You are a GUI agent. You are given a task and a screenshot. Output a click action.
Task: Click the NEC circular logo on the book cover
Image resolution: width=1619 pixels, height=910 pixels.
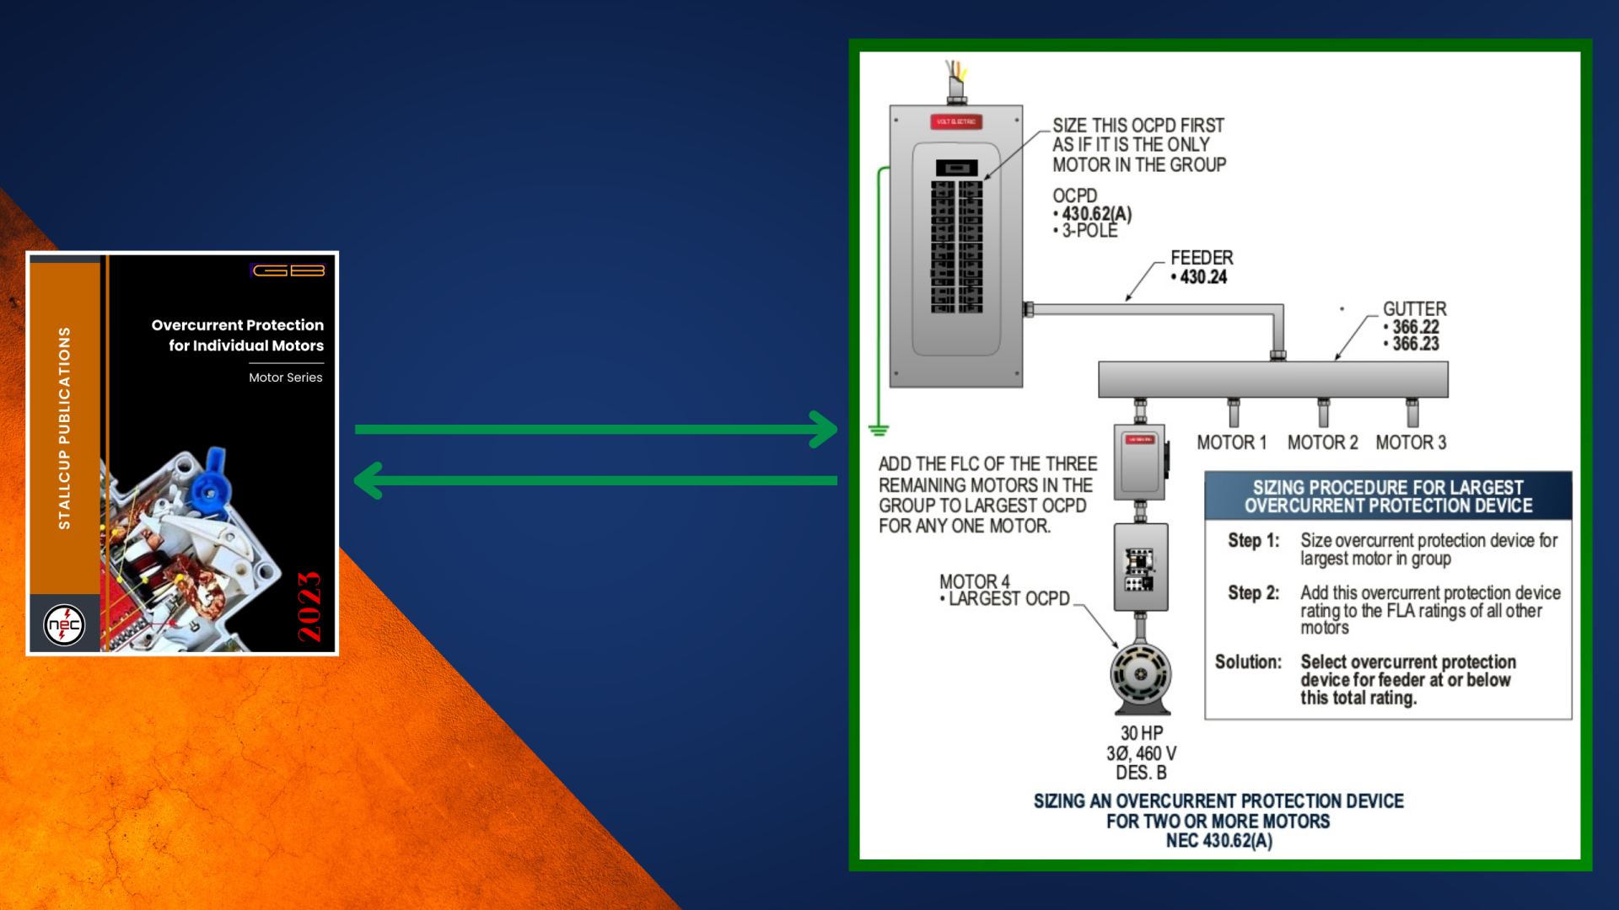click(x=64, y=625)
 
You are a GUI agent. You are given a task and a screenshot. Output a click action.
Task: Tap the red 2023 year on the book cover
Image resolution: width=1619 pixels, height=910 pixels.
click(x=309, y=607)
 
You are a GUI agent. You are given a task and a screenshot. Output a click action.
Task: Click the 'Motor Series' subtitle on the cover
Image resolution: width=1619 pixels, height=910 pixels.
click(x=285, y=377)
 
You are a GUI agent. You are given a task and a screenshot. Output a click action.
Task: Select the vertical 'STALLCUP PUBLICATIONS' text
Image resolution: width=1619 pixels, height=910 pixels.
click(x=64, y=428)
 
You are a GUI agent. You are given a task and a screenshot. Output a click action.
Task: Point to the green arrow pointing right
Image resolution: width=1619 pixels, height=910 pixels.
click(x=595, y=429)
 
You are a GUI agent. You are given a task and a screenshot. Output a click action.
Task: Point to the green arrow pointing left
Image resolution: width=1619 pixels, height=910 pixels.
click(x=595, y=480)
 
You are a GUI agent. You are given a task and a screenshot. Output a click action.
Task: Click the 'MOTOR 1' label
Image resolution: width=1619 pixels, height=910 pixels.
click(x=1231, y=442)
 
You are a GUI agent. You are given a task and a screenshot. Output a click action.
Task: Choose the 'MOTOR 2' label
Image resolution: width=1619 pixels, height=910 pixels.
click(x=1322, y=442)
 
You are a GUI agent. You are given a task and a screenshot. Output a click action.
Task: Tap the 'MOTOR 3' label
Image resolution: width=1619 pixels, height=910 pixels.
click(x=1411, y=442)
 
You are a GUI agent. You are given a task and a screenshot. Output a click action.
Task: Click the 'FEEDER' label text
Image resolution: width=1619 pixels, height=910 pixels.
click(x=1202, y=258)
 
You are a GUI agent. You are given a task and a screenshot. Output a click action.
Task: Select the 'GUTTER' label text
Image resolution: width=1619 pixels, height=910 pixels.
click(x=1414, y=309)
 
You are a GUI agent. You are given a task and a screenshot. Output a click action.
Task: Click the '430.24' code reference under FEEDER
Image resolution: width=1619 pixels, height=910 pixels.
click(x=1203, y=277)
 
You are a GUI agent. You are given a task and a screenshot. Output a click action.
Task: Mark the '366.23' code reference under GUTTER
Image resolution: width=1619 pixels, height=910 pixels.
click(x=1416, y=344)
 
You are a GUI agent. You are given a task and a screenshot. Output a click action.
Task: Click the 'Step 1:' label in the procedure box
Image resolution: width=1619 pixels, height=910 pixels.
click(x=1253, y=541)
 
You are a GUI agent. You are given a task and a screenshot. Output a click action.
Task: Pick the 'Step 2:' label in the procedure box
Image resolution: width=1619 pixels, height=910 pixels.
click(x=1253, y=593)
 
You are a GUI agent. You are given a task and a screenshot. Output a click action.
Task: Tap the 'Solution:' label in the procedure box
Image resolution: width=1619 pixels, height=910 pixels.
click(x=1248, y=662)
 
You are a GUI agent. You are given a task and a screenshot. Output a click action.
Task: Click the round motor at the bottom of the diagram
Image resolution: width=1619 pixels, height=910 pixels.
click(x=1140, y=675)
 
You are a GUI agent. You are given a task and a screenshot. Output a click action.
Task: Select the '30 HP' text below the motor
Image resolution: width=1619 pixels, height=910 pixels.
click(x=1141, y=733)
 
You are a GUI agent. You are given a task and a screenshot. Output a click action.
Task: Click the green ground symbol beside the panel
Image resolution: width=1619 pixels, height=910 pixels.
click(x=879, y=431)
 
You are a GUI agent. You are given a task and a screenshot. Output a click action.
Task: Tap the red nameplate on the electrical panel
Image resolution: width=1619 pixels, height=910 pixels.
click(x=956, y=121)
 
